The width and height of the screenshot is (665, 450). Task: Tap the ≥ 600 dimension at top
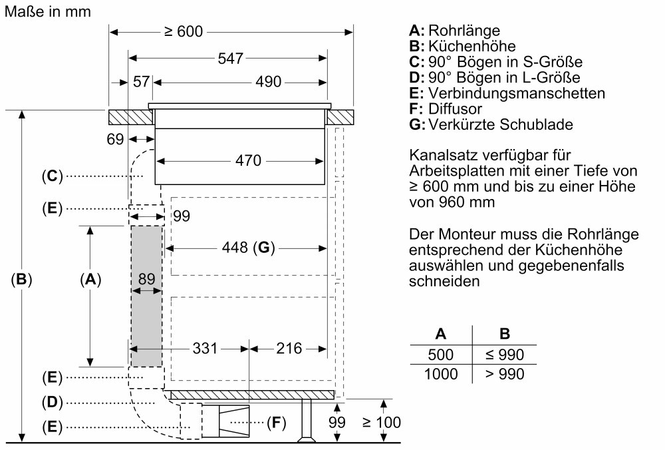pos(183,31)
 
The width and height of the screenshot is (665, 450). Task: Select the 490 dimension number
pos(269,82)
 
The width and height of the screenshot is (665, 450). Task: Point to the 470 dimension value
pos(248,160)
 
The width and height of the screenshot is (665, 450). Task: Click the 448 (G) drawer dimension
pos(245,248)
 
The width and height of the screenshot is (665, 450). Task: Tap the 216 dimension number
pos(288,348)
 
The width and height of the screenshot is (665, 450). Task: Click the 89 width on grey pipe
pos(147,280)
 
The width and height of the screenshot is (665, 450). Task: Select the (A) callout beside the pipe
pos(90,280)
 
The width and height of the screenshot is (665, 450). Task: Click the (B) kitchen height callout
pos(22,280)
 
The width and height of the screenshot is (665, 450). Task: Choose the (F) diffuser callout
pos(276,422)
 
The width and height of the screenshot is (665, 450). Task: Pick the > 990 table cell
pos(505,374)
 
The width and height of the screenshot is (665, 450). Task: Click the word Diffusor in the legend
pos(456,109)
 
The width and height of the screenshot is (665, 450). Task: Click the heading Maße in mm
pos(48,11)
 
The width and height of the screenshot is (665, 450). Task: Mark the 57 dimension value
pos(142,82)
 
